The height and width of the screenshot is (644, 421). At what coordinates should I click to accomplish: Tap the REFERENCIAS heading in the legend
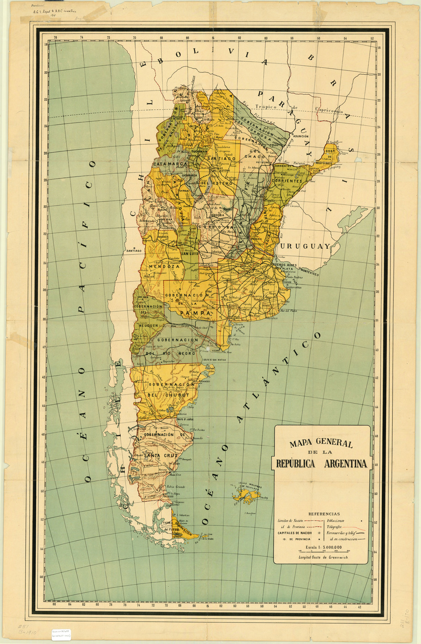point(324,514)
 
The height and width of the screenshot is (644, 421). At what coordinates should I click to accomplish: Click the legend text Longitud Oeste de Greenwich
point(323,557)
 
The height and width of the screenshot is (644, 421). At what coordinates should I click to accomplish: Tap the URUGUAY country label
point(305,246)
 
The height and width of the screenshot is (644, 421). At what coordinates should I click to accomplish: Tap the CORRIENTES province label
point(287,181)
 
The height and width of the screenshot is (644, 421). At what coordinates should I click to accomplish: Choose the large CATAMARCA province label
point(171,164)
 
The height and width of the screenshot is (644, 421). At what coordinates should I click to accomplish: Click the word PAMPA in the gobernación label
point(195,313)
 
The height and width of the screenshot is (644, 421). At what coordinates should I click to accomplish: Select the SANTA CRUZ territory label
point(160,456)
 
